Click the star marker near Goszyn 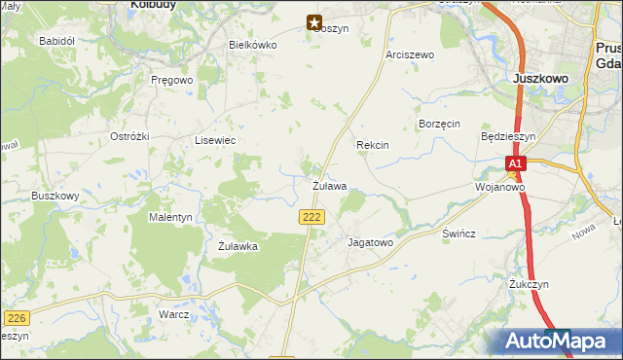tap(314, 21)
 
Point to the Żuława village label tap(329, 185)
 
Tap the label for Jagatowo tap(370, 243)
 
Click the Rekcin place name tap(373, 145)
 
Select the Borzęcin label tap(438, 125)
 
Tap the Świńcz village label tap(458, 235)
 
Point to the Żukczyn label tap(529, 284)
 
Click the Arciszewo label tap(409, 55)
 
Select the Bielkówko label tap(252, 45)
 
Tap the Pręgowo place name tap(173, 80)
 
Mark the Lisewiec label tap(215, 141)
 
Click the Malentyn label tap(169, 217)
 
